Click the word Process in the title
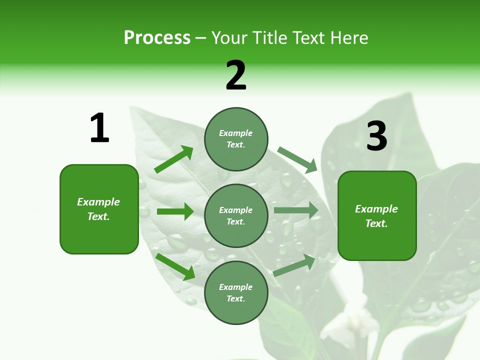pyautogui.click(x=157, y=38)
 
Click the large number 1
pyautogui.click(x=99, y=128)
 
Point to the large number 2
pyautogui.click(x=236, y=75)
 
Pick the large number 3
pyautogui.click(x=376, y=136)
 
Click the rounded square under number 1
pyautogui.click(x=99, y=209)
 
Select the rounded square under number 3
pyautogui.click(x=377, y=215)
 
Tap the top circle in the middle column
pyautogui.click(x=236, y=138)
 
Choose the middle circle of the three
pyautogui.click(x=236, y=215)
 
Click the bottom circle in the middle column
pyautogui.click(x=236, y=292)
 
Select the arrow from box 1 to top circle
pyautogui.click(x=174, y=159)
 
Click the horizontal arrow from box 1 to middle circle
pyautogui.click(x=175, y=211)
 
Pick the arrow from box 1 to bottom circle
pyautogui.click(x=175, y=266)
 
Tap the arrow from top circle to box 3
pyautogui.click(x=297, y=159)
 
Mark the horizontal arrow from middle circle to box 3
pyautogui.click(x=296, y=210)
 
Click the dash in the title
pyautogui.click(x=201, y=38)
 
